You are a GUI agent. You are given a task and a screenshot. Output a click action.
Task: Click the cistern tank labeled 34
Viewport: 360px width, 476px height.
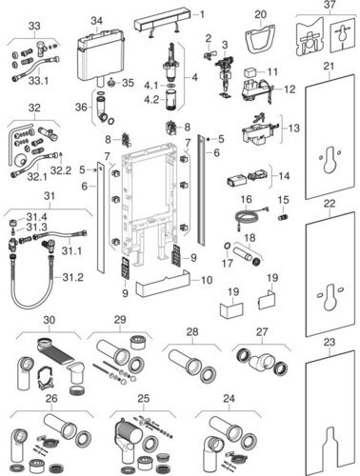[x=99, y=55]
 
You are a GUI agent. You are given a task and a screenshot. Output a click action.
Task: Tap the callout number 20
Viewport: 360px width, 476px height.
[x=260, y=14]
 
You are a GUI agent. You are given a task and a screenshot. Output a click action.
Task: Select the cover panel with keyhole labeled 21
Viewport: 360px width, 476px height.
[x=330, y=137]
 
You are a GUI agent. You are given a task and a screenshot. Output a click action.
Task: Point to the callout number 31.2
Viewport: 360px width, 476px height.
[x=72, y=277]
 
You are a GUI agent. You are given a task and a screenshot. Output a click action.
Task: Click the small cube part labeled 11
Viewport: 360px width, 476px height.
[x=251, y=73]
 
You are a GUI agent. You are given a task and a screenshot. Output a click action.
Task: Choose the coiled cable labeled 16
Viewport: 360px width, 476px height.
[x=250, y=217]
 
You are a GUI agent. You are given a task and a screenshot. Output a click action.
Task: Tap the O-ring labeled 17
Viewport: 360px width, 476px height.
[x=228, y=246]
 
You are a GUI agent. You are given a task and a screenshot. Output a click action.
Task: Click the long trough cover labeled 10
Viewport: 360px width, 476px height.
[x=162, y=284]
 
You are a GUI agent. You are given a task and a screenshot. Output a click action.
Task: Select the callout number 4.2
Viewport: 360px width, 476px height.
[x=151, y=99]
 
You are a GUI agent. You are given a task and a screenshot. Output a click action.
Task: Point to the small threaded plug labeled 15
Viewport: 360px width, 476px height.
[x=283, y=217]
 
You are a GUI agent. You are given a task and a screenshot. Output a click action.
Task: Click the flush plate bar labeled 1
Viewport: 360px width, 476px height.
[x=162, y=24]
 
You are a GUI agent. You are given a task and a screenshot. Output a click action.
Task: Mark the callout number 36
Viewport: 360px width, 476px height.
[x=81, y=107]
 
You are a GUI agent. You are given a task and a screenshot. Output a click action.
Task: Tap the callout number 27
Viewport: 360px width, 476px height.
[x=262, y=332]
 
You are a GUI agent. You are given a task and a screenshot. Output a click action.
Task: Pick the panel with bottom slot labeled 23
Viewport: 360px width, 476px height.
[x=330, y=412]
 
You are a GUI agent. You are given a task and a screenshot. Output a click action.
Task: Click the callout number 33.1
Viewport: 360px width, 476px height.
[x=38, y=81]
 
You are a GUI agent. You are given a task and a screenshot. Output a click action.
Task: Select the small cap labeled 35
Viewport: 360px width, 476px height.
[x=111, y=83]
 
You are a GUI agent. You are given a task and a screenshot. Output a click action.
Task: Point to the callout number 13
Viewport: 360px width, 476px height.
[x=294, y=128]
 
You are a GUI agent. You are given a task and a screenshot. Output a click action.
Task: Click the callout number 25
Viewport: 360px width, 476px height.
[x=144, y=398]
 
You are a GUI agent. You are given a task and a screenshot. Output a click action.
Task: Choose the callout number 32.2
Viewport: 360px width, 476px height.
[x=60, y=170]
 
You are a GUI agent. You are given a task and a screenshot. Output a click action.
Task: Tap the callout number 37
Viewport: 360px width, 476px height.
[x=330, y=5]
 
